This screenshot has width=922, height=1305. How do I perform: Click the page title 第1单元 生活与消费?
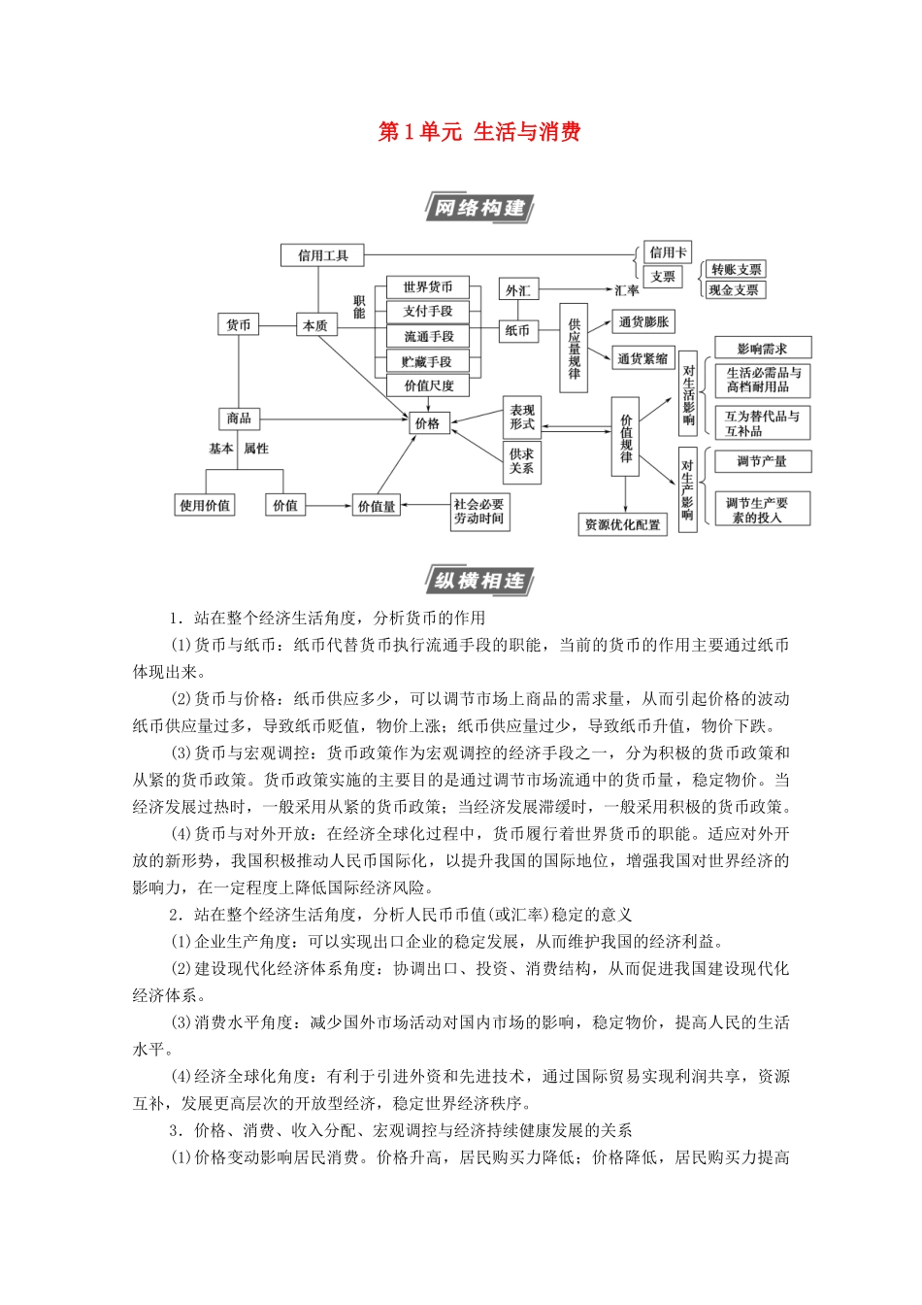point(478,132)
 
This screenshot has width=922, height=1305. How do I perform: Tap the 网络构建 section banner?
point(478,208)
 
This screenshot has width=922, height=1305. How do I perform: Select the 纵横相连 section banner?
point(478,581)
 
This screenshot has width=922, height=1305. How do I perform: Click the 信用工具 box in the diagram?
point(323,255)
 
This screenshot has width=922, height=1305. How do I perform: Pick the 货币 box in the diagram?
point(239,325)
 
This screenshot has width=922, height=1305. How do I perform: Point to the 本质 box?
point(315,325)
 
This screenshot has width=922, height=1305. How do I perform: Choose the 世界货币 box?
point(428,287)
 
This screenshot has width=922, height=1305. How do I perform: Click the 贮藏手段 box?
point(428,361)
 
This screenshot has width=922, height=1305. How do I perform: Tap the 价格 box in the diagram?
point(427,423)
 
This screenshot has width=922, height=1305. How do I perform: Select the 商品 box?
point(239,418)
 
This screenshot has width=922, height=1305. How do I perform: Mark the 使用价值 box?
point(205,505)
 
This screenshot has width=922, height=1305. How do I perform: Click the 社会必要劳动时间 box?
point(479,511)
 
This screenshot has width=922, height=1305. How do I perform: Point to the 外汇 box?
point(518,290)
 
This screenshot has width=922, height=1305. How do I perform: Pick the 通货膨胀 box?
point(643,322)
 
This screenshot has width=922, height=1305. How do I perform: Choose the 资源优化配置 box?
point(622,525)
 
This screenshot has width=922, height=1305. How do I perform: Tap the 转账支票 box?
point(736,270)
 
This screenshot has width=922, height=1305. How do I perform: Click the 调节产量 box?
point(762,461)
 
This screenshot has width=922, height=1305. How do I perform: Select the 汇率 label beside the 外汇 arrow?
point(627,290)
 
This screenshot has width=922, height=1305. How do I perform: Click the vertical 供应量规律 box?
point(574,347)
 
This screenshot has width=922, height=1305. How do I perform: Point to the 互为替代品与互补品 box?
point(762,423)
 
